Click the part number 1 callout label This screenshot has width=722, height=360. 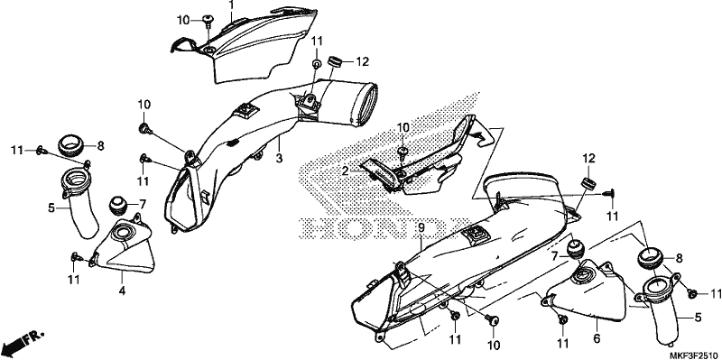tap(232, 5)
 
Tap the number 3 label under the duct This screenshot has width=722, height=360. tap(279, 159)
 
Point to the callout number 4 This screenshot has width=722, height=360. tap(122, 291)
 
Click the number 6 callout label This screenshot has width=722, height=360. tap(597, 338)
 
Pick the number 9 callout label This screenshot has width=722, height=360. tap(421, 228)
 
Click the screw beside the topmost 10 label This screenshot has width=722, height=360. tap(209, 20)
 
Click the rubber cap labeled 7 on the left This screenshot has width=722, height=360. tap(117, 205)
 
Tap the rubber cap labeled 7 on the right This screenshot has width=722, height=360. tap(574, 249)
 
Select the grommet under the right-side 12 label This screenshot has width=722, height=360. tap(588, 182)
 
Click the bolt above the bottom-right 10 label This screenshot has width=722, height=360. tap(494, 319)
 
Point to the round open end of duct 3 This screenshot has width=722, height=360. tap(367, 104)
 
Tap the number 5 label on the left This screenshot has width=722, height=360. tap(51, 208)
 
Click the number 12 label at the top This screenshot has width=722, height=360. tap(363, 61)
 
